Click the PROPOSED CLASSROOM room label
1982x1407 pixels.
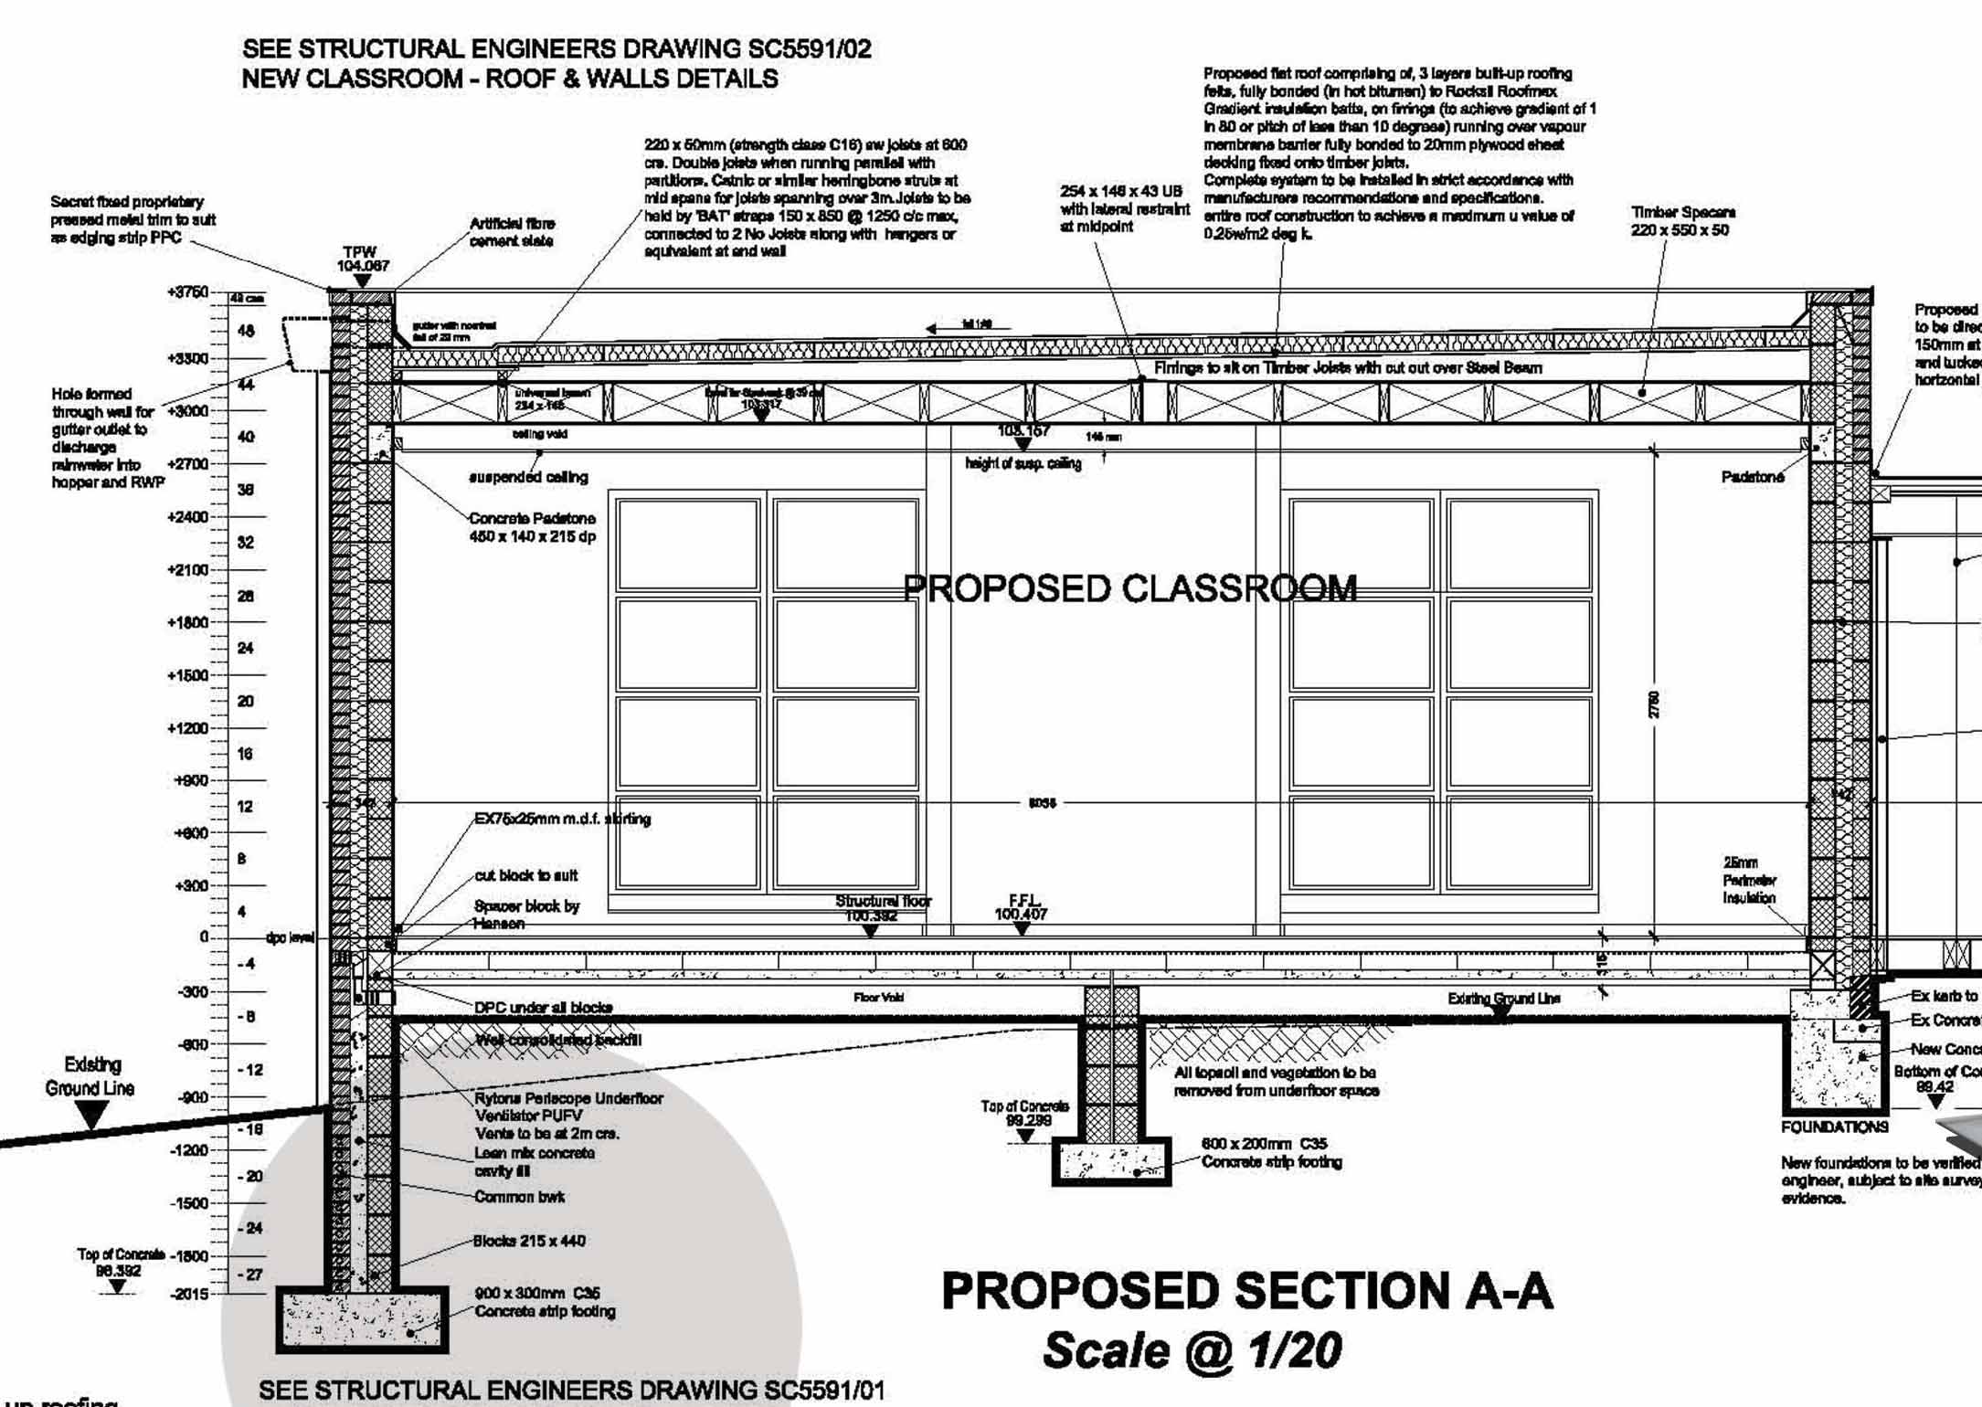pos(1129,588)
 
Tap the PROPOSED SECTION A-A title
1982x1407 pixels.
pos(1246,1291)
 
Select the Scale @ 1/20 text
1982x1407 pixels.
pos(1192,1351)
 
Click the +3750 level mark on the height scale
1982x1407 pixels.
pos(187,292)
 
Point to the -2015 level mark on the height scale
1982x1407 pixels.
pos(189,1295)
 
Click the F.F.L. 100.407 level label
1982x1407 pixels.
pos(1022,908)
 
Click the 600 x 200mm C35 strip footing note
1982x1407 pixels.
pos(1271,1153)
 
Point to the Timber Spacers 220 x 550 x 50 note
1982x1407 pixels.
pos(1682,221)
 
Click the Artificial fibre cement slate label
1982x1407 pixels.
pos(512,232)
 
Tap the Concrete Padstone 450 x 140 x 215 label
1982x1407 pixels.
pos(532,527)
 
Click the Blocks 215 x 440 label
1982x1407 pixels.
pos(529,1241)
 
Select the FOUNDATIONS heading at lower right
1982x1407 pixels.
pos(1834,1127)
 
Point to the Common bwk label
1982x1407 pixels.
pos(519,1197)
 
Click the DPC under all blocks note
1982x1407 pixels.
pos(543,1008)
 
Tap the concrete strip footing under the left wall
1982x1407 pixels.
pos(362,1319)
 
